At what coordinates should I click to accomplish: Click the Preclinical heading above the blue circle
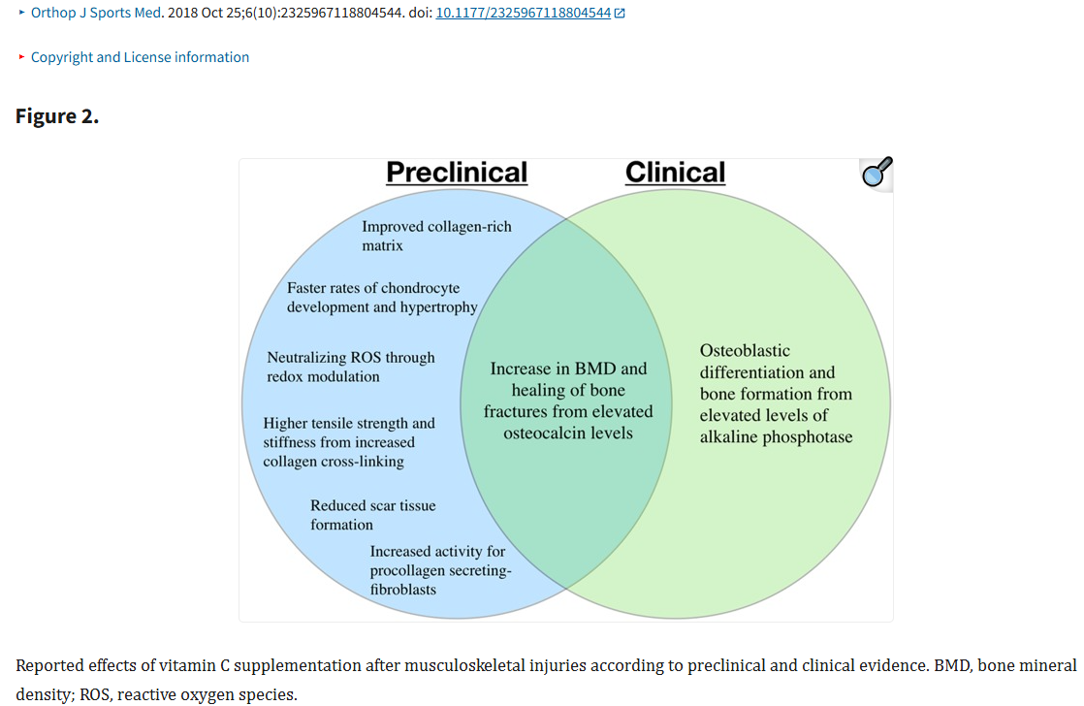tap(457, 173)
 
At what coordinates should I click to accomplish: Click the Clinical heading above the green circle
tap(675, 173)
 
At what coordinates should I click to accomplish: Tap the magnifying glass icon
tap(877, 173)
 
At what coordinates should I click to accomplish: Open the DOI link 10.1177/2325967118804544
tap(524, 14)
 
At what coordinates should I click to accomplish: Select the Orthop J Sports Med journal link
tap(95, 14)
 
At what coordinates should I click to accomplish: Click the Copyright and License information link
tap(140, 57)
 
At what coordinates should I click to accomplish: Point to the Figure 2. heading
tap(57, 116)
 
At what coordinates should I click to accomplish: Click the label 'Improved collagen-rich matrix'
tap(436, 236)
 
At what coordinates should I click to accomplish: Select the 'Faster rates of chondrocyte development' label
tap(382, 298)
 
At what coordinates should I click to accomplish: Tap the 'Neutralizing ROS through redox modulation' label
tap(350, 367)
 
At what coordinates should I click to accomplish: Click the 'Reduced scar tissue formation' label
tap(372, 515)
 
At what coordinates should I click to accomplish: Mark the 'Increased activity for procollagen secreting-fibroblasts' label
tap(440, 570)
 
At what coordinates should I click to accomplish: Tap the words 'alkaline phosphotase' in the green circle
tap(776, 437)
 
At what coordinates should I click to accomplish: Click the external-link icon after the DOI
tap(620, 14)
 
